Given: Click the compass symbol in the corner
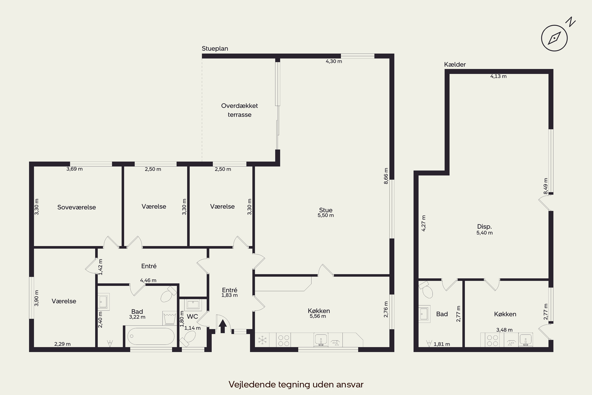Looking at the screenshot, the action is pos(555,38).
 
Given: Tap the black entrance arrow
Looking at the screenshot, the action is pos(223,326).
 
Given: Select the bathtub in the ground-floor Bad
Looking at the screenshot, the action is pos(151,336).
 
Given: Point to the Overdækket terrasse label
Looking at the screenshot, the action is pos(239,110).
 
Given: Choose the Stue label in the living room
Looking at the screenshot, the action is pos(326,210).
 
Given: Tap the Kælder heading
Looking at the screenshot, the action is pos(455,65).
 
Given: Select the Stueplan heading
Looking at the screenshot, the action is pos(215,49).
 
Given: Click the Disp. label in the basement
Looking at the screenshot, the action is pos(484,227).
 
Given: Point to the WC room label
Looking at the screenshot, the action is pos(192,316).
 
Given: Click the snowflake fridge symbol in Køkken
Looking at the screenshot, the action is pos(262,340).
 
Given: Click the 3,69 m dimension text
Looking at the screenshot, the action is pos(75,169).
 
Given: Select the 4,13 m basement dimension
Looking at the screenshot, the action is pos(498,76).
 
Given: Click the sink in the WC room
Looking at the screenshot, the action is pos(193,304).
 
